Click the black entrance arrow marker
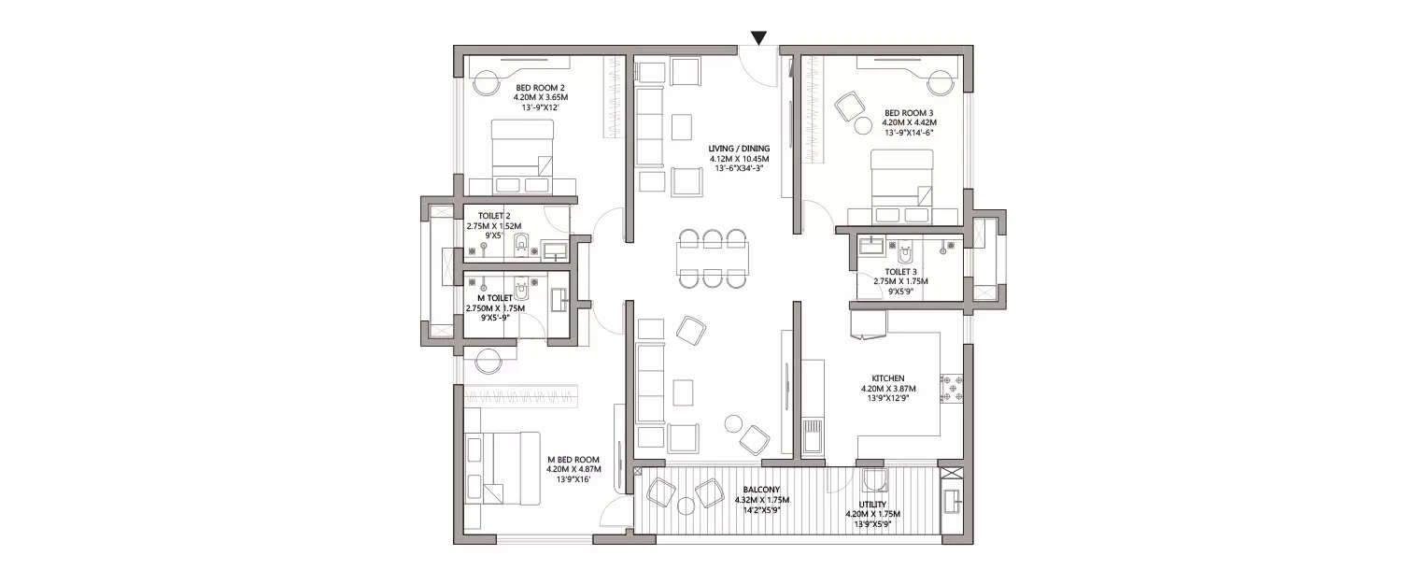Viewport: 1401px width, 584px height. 759,38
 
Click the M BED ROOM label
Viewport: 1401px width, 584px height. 573,460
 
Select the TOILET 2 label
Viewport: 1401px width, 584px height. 494,216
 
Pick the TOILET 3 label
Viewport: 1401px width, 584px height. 901,272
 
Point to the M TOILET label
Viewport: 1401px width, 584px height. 495,298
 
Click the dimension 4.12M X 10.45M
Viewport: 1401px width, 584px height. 738,159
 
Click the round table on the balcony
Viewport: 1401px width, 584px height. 686,506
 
